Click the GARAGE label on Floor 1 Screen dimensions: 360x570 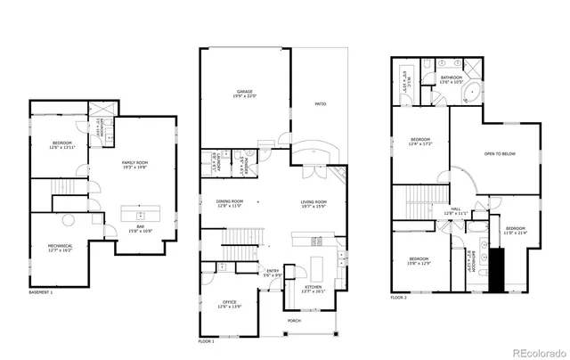[x=246, y=91]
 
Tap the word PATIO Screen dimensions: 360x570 [x=320, y=104]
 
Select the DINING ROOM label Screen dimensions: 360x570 [x=230, y=201]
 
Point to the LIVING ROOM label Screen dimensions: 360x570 [x=313, y=201]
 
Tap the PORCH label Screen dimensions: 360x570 [x=294, y=321]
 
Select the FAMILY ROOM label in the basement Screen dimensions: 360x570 [x=136, y=161]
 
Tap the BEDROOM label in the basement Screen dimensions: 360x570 [x=61, y=143]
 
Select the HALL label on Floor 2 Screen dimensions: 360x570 [x=455, y=209]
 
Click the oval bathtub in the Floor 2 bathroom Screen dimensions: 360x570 [x=468, y=94]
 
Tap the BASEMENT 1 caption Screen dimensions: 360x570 [x=41, y=292]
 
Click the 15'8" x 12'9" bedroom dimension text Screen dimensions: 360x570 [x=418, y=264]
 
